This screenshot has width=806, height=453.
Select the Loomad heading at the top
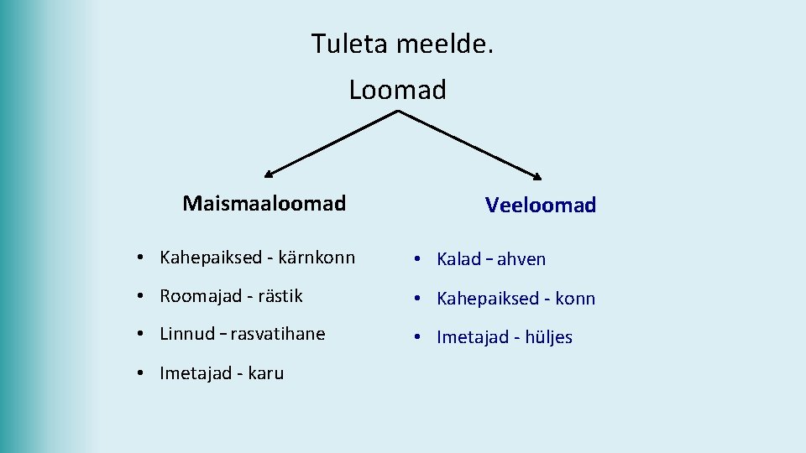pos(397,90)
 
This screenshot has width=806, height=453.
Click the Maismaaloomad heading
pos(264,203)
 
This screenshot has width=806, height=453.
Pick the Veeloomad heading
pos(540,205)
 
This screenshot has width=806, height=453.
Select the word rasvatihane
pos(277,334)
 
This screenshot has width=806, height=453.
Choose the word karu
pos(266,373)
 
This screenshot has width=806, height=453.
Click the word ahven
pos(521,259)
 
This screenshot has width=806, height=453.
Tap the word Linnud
pos(187,334)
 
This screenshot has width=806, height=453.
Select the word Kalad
pos(458,259)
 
